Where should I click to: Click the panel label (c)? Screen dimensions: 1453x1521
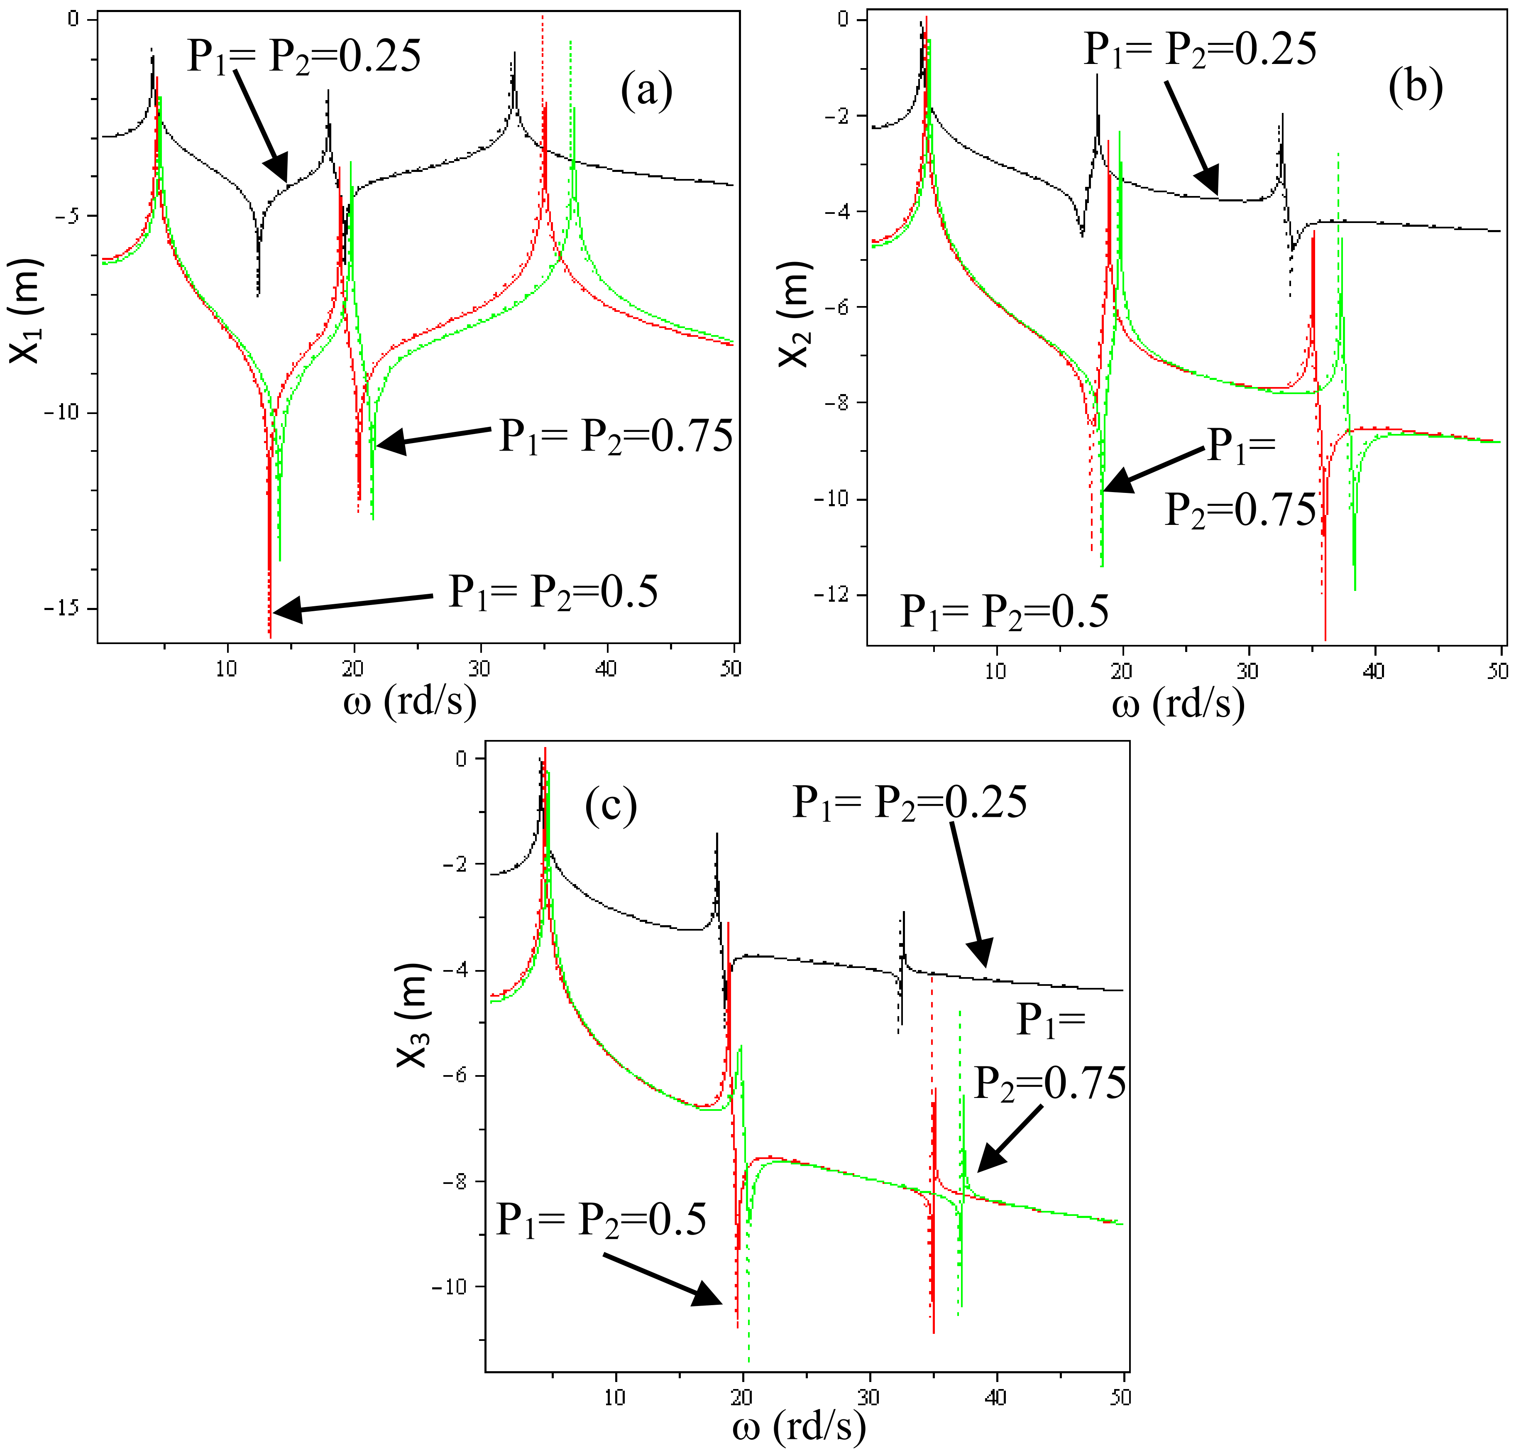611,806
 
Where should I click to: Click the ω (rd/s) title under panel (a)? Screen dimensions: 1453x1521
410,702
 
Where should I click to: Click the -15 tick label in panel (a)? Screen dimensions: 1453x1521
68,609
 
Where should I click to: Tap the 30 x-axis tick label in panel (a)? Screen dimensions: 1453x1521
480,669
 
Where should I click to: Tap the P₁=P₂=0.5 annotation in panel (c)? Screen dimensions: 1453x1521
601,1219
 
